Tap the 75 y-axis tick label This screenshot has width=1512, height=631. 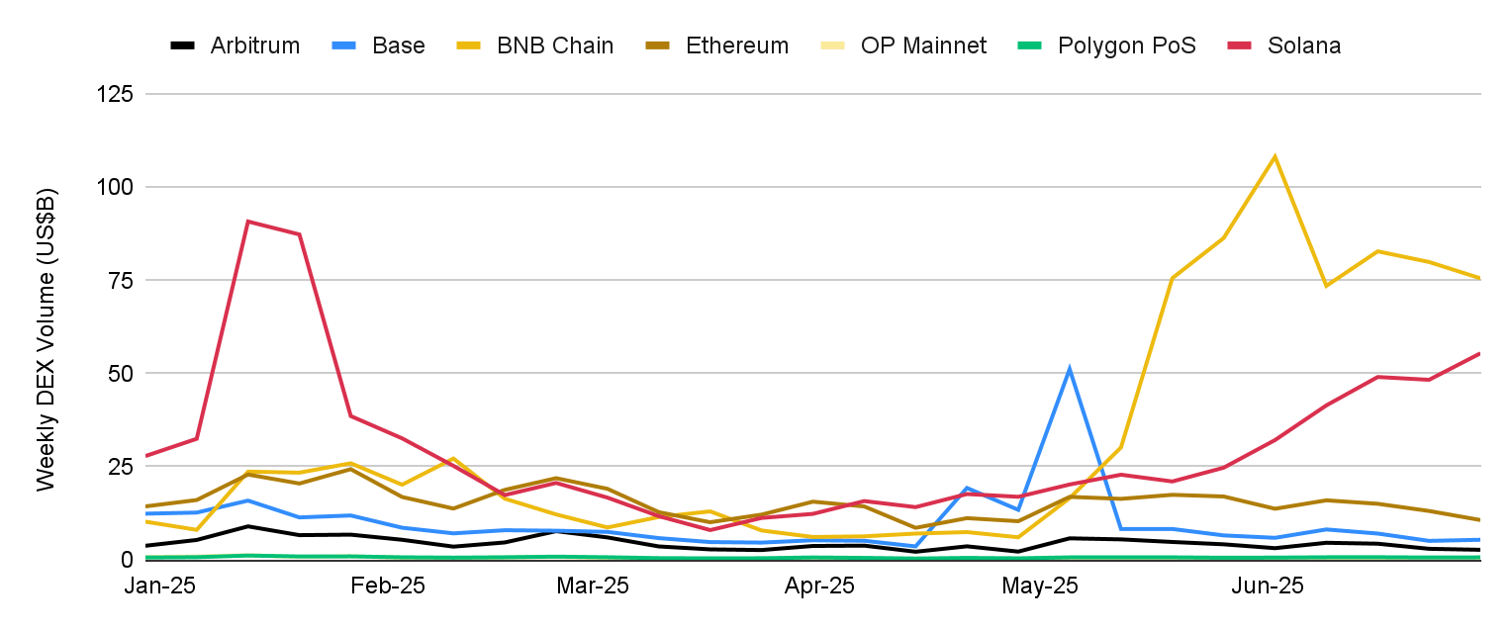[122, 280]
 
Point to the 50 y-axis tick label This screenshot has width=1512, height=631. [122, 373]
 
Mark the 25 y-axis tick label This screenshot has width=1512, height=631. [122, 466]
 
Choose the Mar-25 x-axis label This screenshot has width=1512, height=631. [592, 586]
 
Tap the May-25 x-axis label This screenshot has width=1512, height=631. [1039, 586]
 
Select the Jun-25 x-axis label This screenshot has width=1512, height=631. [1268, 586]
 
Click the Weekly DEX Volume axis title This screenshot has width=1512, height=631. [46, 338]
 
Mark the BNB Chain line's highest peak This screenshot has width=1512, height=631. [1275, 156]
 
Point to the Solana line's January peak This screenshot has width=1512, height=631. [247, 222]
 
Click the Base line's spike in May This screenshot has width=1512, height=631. [1070, 369]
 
